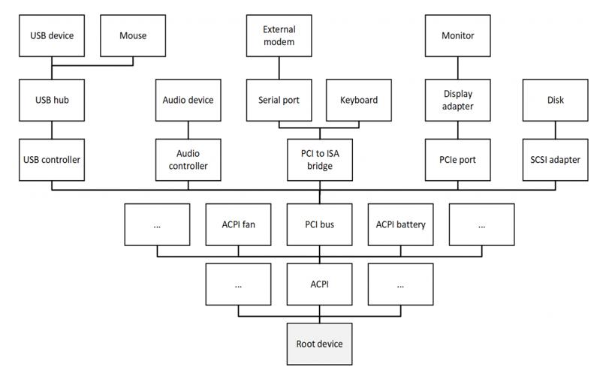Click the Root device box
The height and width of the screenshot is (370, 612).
coord(319,344)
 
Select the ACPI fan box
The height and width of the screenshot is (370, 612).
coord(238,224)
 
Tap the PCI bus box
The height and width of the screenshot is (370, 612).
coord(319,224)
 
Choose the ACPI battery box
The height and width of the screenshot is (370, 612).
coord(400,224)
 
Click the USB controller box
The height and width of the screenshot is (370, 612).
coord(51,159)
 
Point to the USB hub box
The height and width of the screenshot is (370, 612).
coord(51,100)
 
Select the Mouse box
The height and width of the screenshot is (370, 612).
coord(133,35)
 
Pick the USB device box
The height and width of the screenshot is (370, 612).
coord(51,35)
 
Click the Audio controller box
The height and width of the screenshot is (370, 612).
coord(188,159)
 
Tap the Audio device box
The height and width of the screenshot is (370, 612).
coord(188,100)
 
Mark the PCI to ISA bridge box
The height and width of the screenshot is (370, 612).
coord(319,159)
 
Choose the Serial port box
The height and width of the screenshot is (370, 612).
coord(279,100)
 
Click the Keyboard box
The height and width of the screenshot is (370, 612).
coord(359,100)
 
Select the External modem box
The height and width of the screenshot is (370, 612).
coord(279,35)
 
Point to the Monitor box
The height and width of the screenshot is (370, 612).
coord(457,35)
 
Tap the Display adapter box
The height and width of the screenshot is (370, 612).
coord(457,100)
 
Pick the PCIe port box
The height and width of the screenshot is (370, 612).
coord(457,159)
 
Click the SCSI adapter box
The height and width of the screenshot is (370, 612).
coord(555,159)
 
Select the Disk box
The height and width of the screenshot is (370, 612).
coord(555,100)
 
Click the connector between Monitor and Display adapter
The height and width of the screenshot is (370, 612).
coord(457,68)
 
